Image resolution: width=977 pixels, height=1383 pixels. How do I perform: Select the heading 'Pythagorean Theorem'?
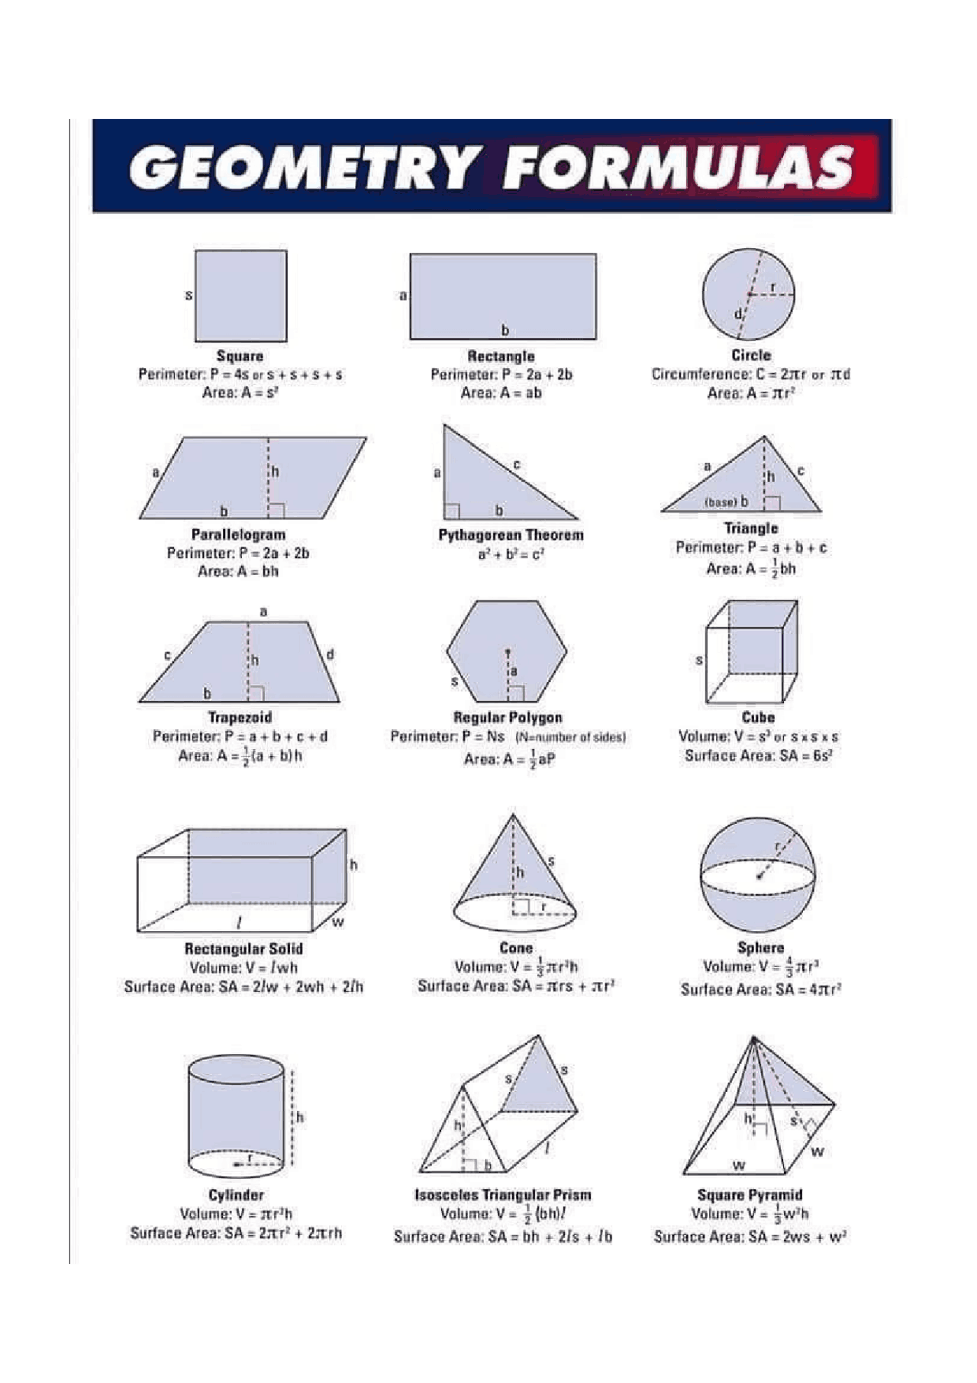click(511, 535)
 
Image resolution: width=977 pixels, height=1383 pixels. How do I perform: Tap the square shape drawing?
click(240, 296)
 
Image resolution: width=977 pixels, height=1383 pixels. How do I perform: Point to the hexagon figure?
click(507, 651)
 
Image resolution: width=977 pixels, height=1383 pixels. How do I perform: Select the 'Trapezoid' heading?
click(240, 717)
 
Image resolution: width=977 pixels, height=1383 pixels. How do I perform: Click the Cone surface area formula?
click(515, 986)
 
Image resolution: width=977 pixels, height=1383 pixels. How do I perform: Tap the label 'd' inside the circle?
click(737, 314)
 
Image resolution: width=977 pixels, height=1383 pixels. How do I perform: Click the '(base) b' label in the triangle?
click(726, 502)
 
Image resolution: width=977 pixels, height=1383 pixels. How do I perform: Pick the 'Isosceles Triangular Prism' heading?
click(502, 1194)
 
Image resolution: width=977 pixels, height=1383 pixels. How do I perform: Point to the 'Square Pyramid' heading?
click(750, 1194)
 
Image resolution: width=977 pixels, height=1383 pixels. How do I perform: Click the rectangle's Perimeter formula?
click(501, 374)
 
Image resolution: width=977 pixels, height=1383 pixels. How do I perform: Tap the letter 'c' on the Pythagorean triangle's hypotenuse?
click(517, 464)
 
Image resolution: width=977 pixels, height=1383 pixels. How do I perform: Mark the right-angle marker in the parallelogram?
click(277, 511)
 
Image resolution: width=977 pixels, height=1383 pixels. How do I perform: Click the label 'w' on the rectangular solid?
click(338, 923)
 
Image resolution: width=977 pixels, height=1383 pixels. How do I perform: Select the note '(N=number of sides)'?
click(570, 737)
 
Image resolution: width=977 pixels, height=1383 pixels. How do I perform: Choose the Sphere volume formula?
click(760, 967)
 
